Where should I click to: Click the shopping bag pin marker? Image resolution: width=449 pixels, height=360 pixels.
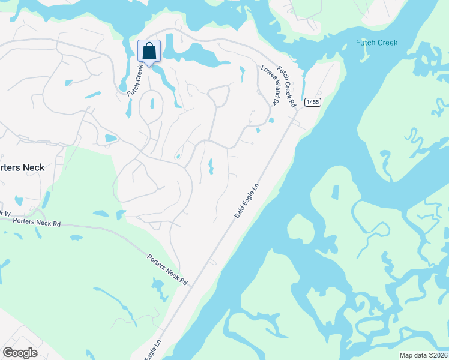click(x=148, y=52)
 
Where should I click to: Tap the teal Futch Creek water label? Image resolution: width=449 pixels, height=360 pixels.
click(x=376, y=43)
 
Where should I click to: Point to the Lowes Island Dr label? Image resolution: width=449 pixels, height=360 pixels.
click(x=270, y=86)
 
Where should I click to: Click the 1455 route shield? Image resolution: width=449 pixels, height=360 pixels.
click(x=312, y=102)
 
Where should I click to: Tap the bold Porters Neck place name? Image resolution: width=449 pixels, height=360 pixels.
click(x=22, y=167)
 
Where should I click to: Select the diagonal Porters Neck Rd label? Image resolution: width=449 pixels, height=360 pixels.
click(x=167, y=269)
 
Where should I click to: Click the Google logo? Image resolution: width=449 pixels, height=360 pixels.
click(x=20, y=352)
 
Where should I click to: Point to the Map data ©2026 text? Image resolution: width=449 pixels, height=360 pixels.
click(x=423, y=355)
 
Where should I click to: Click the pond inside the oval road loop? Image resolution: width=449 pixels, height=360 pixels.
click(x=151, y=104)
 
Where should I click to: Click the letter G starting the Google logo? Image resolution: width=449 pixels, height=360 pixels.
click(x=7, y=352)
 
